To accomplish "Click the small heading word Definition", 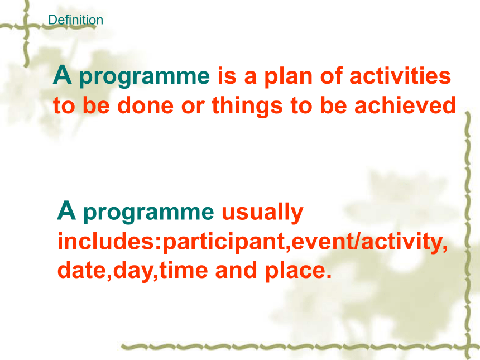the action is (75, 20).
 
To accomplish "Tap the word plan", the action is (288, 77).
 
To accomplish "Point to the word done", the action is (146, 105).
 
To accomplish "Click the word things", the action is (247, 106).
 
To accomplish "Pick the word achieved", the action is (405, 105).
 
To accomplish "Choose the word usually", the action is (262, 213).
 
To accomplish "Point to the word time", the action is (184, 271).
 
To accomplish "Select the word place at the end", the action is (295, 272).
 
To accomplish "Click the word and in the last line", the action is (236, 270).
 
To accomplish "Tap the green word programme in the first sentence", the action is (145, 78).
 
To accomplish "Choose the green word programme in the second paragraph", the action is (148, 213).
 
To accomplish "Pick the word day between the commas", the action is (132, 272).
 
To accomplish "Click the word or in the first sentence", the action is (193, 107).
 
